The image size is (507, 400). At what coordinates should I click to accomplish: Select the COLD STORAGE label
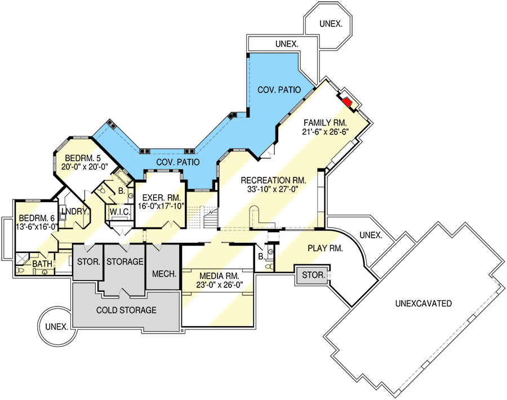pos(126,310)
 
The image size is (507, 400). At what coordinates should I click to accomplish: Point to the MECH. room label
pos(164,274)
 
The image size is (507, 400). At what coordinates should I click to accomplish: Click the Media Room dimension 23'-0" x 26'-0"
pos(220,285)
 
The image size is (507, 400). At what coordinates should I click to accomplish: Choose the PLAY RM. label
pos(325,248)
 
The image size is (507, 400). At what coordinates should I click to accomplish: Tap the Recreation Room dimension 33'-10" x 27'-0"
pos(273,189)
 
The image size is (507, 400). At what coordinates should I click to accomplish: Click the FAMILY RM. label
pos(325,123)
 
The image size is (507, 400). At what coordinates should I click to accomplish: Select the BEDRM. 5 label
pos(83,158)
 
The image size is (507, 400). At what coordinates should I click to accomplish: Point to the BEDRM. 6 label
pos(37,217)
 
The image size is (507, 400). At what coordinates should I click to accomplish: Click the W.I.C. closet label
pos(120,212)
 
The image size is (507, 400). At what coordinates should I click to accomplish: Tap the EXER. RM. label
pos(162,197)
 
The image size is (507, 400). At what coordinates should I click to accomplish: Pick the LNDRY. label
pos(75,211)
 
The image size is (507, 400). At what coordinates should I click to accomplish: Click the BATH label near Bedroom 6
pos(42,264)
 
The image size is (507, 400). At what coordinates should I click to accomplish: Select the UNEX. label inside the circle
pos(57,327)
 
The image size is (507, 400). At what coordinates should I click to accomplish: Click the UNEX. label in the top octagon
pos(331,24)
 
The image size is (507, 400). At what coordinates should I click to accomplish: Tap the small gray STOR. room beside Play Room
pos(313,275)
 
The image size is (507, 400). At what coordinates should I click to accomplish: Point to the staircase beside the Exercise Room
pos(211,218)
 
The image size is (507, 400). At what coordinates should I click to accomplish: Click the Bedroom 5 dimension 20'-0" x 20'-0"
pos(84,167)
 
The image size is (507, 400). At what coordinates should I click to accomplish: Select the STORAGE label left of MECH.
pos(125,261)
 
